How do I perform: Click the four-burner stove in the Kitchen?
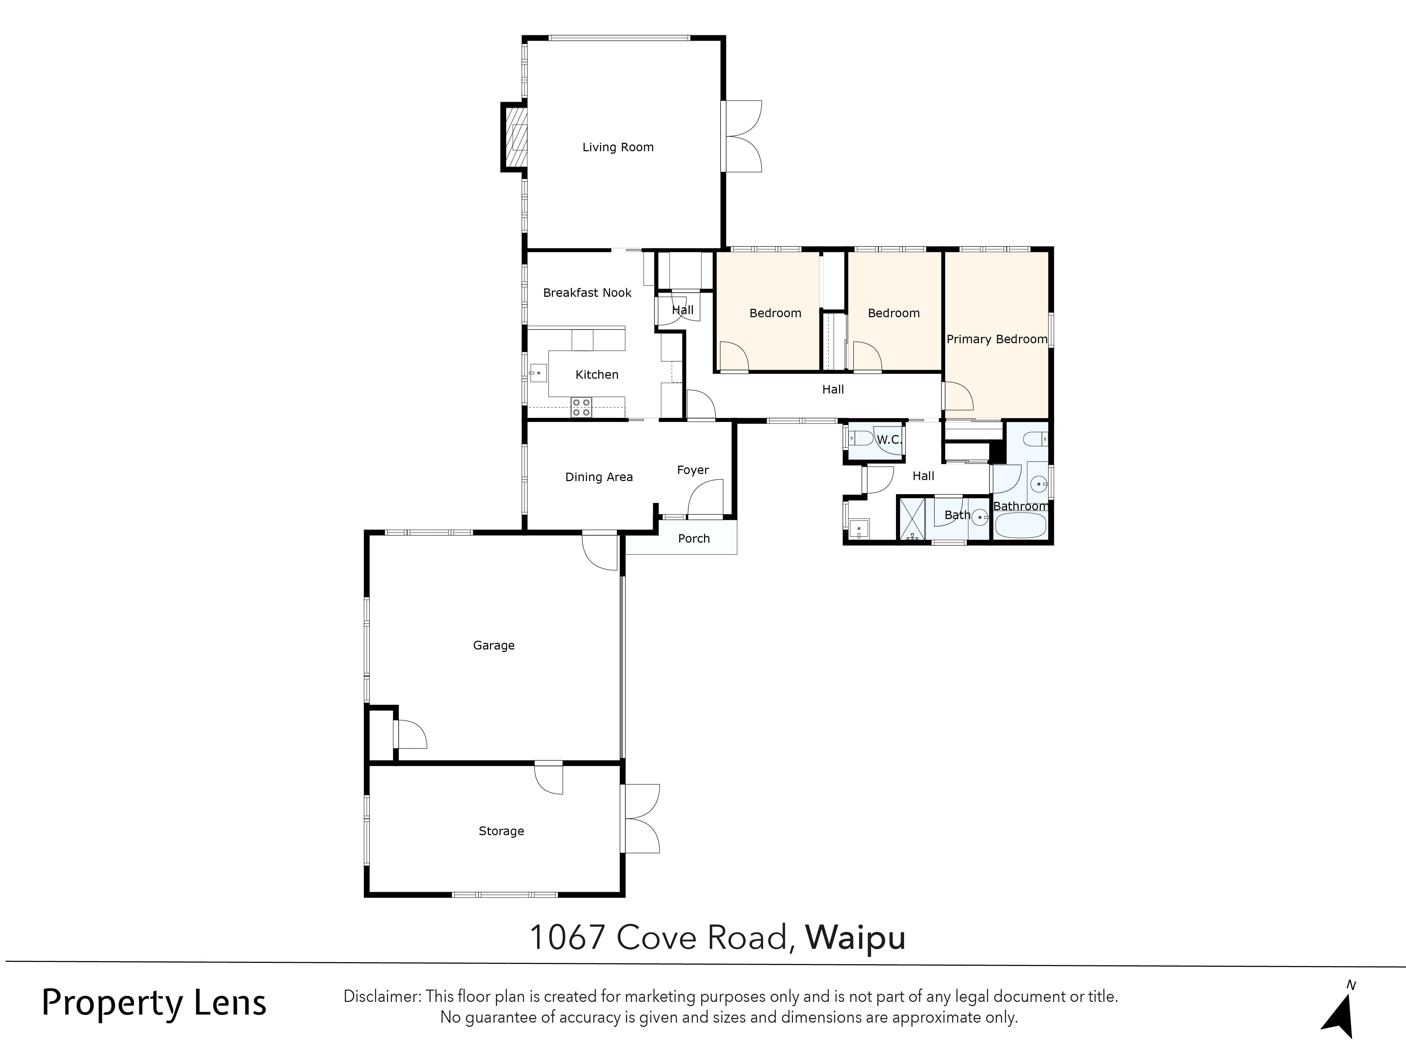[x=581, y=407]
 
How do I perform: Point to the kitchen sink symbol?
[x=538, y=373]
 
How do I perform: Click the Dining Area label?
[x=599, y=477]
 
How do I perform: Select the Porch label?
[x=694, y=539]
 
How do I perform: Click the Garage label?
[x=493, y=645]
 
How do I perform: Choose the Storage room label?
[x=501, y=831]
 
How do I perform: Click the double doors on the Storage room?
[x=641, y=818]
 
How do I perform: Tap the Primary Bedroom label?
[x=996, y=339]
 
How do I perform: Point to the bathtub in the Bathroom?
[x=1020, y=526]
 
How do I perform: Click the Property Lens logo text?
[x=154, y=1004]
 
